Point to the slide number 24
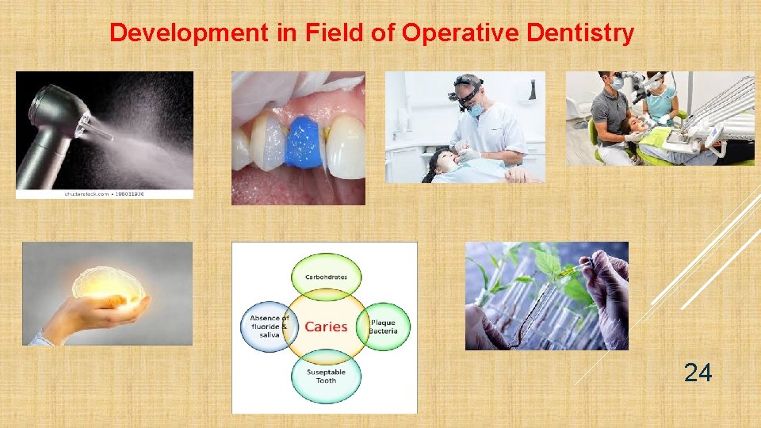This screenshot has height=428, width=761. pos(698,372)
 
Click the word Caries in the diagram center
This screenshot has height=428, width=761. pos(326,327)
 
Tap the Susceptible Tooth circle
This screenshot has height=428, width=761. pos(326,376)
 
